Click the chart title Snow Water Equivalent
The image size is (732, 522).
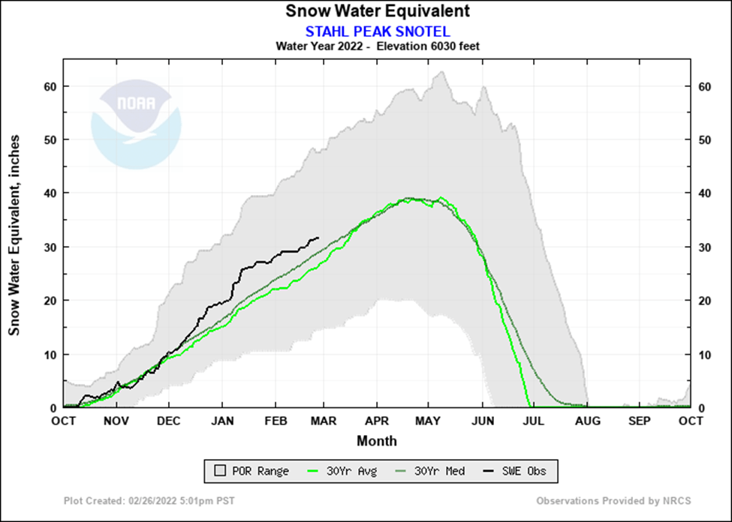[x=377, y=11]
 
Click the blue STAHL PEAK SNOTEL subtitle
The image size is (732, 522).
[x=377, y=31]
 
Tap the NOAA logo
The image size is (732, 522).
[x=136, y=124]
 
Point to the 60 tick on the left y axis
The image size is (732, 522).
[x=50, y=85]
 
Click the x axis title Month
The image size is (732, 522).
[x=376, y=441]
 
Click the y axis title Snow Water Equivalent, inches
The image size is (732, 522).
[x=14, y=235]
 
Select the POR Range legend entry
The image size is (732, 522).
[x=252, y=471]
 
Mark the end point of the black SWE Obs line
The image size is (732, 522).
[x=318, y=238]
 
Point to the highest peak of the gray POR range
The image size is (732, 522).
[x=442, y=72]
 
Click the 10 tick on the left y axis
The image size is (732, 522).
[x=50, y=354]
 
